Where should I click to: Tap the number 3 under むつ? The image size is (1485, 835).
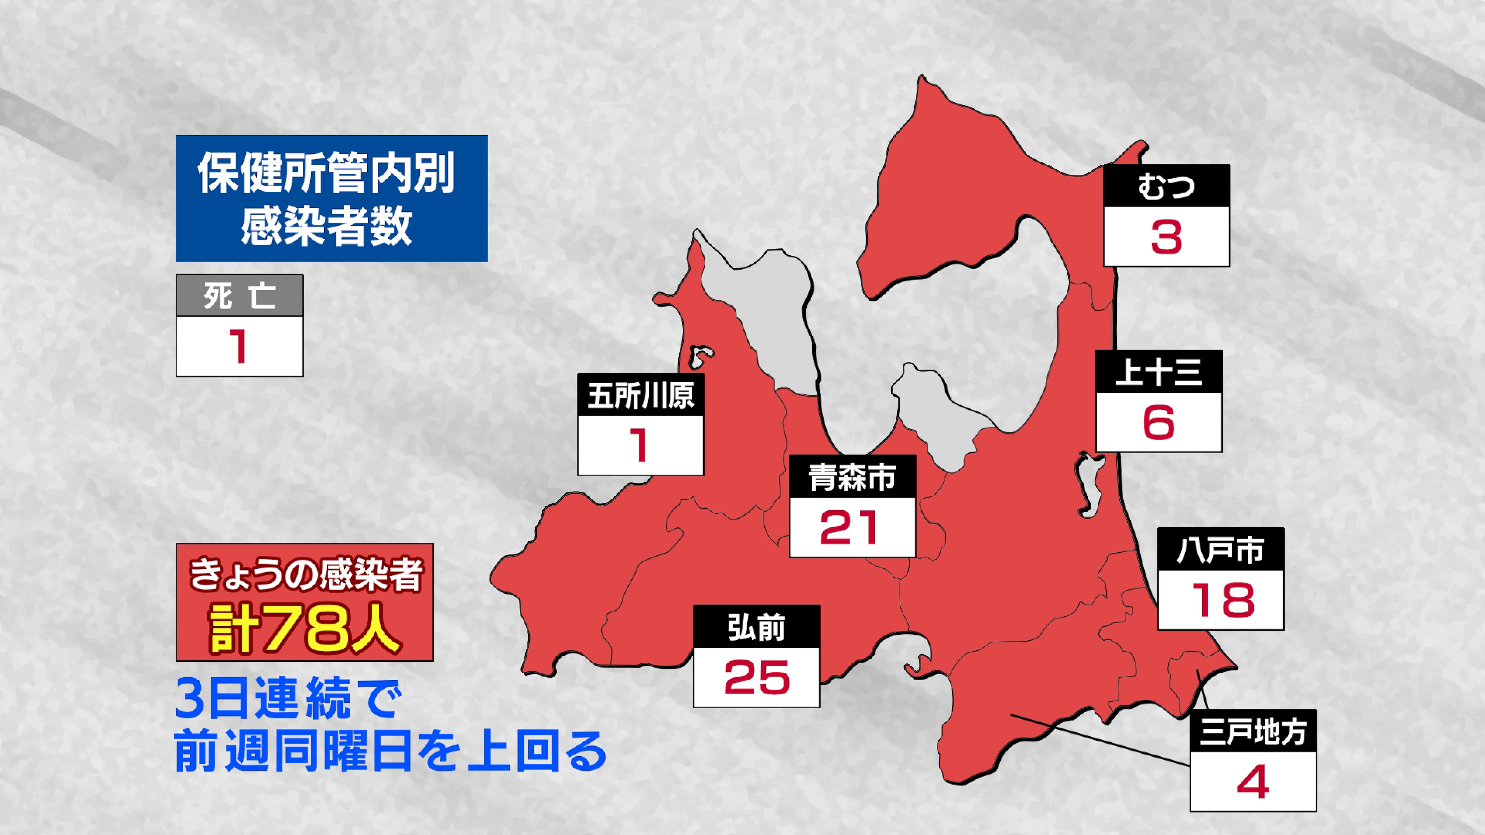tap(1166, 237)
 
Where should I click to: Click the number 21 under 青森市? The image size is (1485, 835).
tap(852, 527)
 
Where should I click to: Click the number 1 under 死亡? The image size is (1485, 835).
tap(239, 346)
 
